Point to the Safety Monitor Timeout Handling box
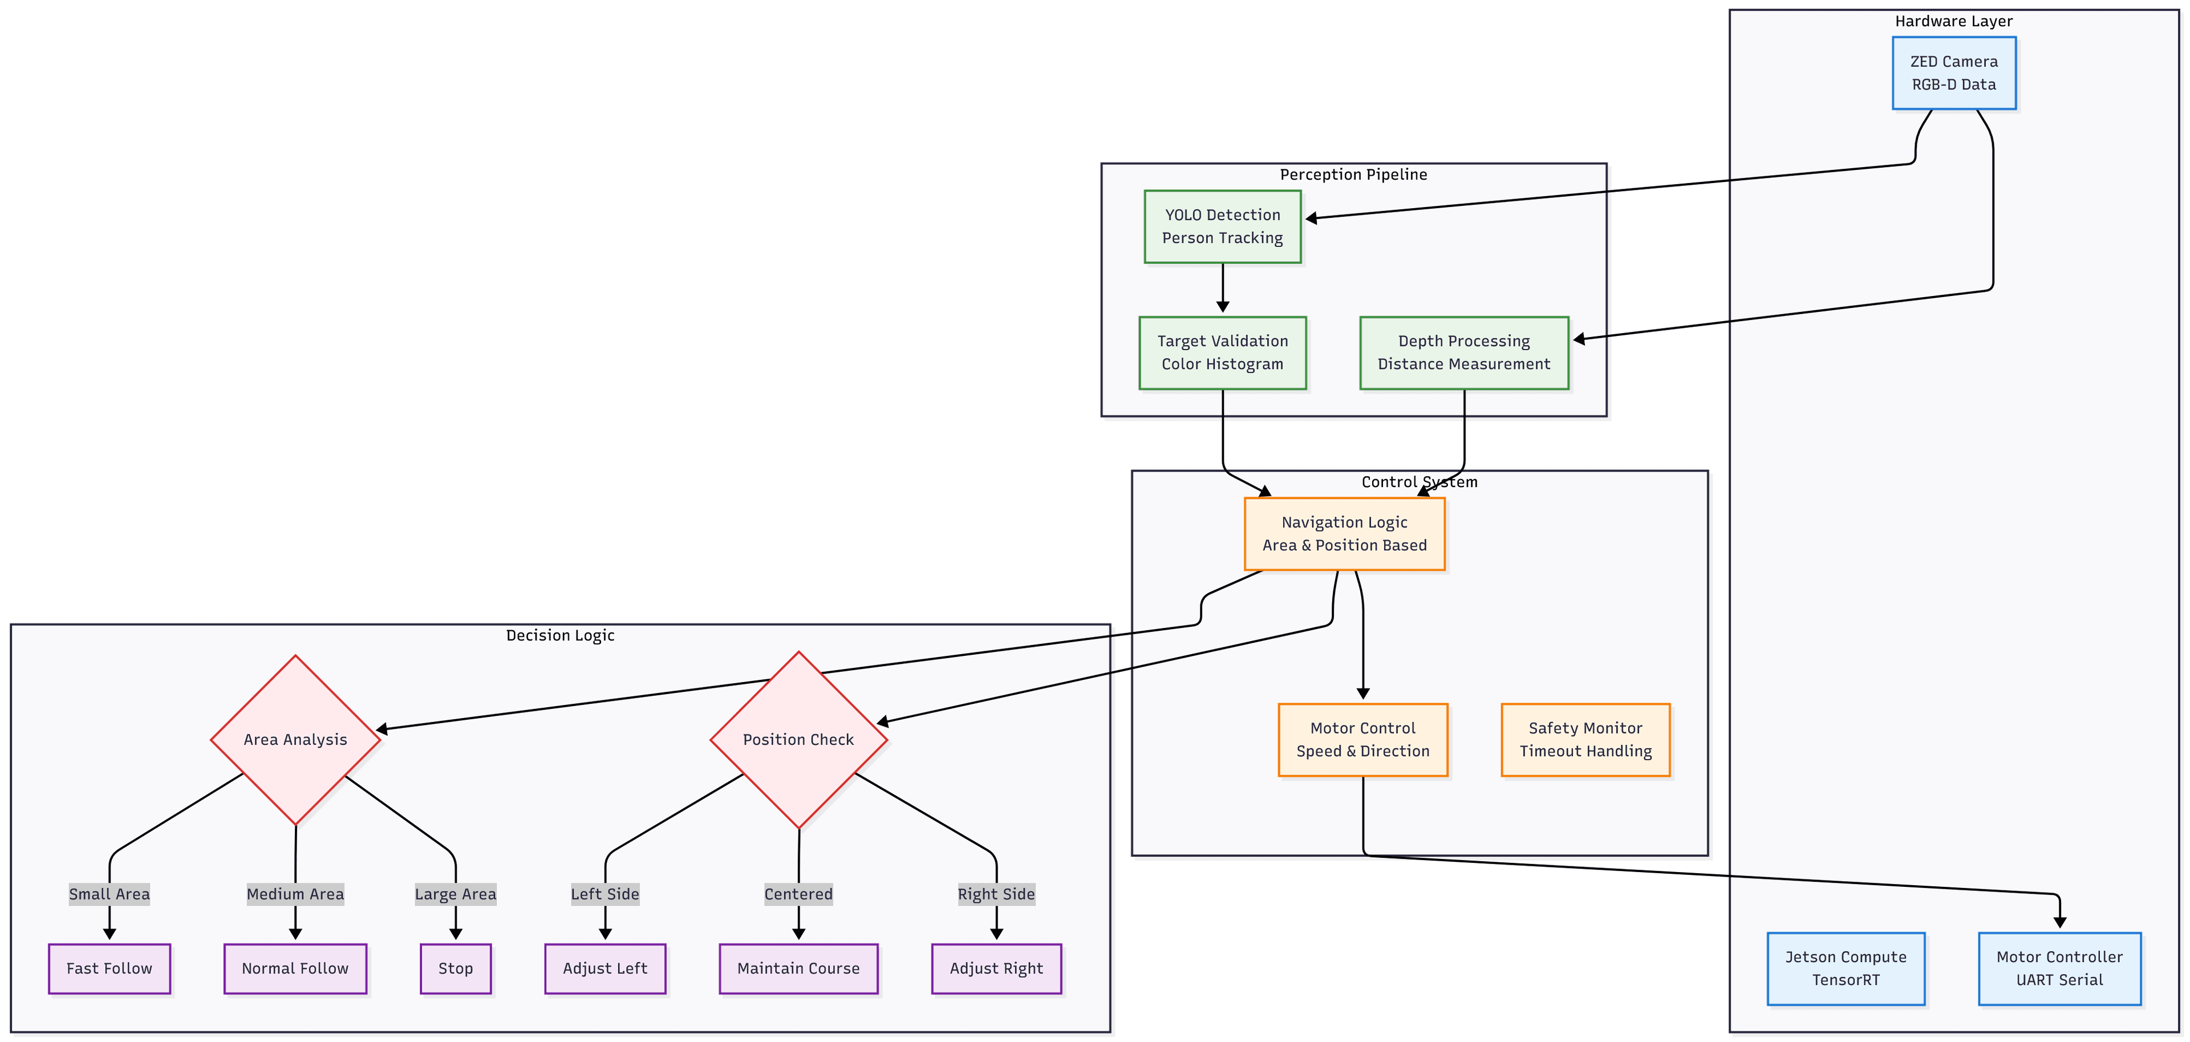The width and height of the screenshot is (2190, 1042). pos(1585,739)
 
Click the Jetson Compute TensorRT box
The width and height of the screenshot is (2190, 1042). pos(1845,968)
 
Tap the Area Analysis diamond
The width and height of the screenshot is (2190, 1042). pos(295,739)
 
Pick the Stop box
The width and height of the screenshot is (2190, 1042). pos(455,968)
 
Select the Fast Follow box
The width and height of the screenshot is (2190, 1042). pos(109,968)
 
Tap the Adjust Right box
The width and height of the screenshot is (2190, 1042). pos(996,968)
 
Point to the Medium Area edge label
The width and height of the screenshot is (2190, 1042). pos(295,894)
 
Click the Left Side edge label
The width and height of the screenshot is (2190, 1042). pos(605,894)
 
